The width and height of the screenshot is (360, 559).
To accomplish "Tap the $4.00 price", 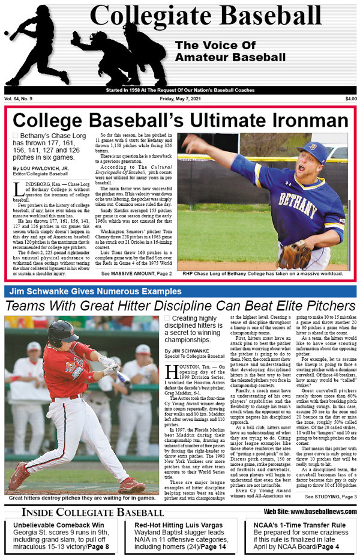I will [350, 98].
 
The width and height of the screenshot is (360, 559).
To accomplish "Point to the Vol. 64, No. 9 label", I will [20, 98].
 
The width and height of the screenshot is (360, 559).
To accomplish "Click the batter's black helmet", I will [62, 332].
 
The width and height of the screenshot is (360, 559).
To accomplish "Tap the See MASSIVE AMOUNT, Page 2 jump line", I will [136, 274].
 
